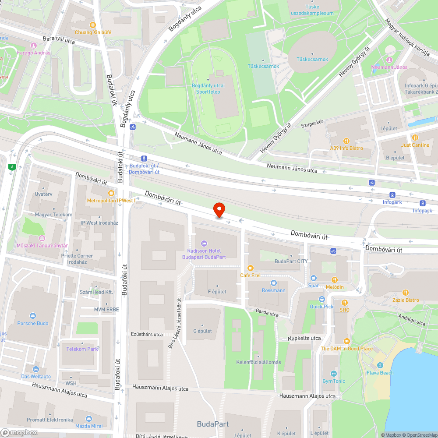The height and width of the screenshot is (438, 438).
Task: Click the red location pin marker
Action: [x=219, y=209]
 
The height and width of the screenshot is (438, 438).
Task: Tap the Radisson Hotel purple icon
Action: [x=204, y=244]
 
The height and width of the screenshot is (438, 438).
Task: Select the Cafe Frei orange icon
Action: [x=251, y=268]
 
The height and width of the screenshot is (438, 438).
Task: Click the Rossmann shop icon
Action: [x=274, y=283]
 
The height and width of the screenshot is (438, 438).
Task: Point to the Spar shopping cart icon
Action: [x=314, y=278]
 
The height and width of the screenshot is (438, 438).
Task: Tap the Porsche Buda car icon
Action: [x=33, y=316]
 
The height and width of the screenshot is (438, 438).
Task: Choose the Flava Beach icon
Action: [x=380, y=366]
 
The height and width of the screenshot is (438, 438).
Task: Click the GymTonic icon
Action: [x=334, y=374]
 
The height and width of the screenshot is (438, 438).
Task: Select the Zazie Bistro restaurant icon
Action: [x=406, y=293]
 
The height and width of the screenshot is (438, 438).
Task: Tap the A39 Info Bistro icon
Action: [x=346, y=141]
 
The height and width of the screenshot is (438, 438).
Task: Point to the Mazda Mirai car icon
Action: [x=89, y=419]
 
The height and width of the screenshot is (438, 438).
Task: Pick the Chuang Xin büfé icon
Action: [x=92, y=25]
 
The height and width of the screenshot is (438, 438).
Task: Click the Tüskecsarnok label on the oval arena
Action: [x=312, y=59]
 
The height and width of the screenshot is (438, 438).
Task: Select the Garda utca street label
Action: [x=267, y=314]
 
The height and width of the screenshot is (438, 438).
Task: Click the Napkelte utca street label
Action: [x=304, y=338]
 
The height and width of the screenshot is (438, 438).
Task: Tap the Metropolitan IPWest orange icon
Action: [x=111, y=193]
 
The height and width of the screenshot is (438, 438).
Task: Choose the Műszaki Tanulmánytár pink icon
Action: [x=42, y=238]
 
